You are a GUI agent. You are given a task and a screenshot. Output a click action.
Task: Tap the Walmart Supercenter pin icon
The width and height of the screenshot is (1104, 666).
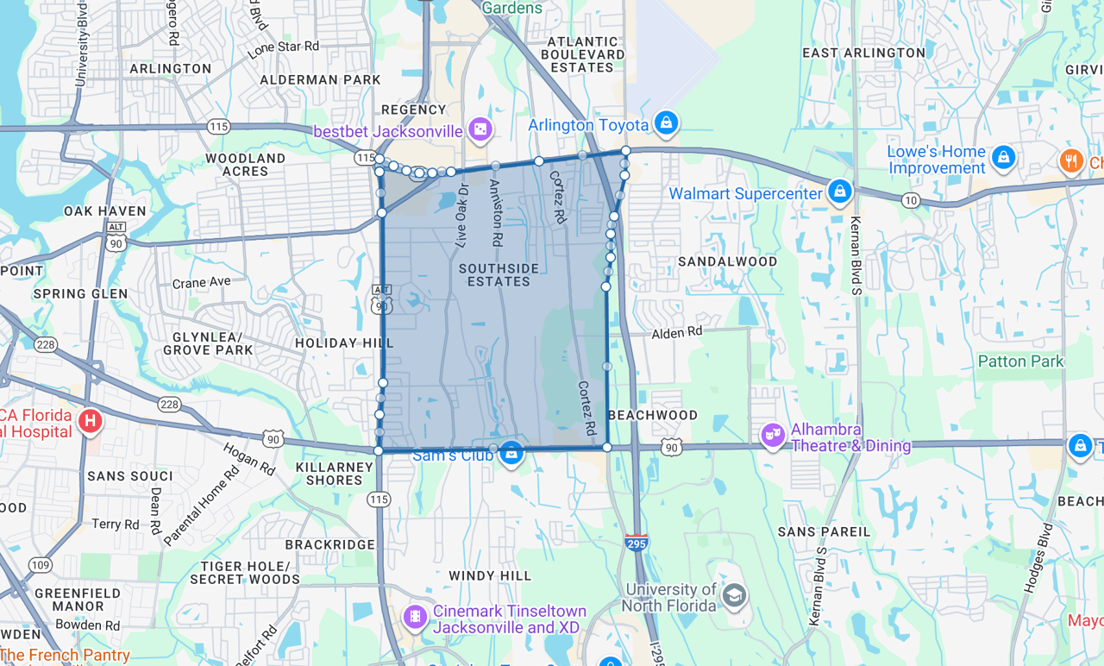pos(839,192)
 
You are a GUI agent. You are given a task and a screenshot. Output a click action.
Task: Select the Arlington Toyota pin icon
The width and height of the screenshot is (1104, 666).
pos(665,123)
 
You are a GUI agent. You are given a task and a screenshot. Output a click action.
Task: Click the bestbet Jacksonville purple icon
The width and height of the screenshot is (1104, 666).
pos(480,129)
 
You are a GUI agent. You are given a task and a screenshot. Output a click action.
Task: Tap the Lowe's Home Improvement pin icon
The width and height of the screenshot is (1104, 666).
pos(1002,157)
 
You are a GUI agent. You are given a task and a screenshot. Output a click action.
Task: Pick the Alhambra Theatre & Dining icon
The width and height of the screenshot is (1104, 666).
pos(773,436)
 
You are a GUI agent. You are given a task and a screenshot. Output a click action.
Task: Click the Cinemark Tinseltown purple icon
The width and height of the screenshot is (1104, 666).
pos(416,617)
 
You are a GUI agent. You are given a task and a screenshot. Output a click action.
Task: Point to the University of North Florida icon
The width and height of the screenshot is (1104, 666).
pos(734,595)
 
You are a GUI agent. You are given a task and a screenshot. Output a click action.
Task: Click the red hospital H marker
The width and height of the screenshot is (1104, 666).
pos(89,422)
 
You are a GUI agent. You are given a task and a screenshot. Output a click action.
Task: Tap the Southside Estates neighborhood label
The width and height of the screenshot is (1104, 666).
pos(499,275)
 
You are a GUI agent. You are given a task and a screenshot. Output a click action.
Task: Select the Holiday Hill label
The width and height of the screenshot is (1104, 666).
pos(344,342)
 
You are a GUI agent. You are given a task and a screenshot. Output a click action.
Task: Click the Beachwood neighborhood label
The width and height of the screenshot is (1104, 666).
pos(653,415)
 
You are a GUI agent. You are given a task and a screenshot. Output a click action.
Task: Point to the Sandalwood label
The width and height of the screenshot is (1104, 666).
pos(728,261)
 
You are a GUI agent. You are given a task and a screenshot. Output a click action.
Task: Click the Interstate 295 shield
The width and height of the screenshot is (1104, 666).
pos(637,543)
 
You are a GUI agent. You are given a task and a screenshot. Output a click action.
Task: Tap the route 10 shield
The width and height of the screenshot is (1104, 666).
pos(912,201)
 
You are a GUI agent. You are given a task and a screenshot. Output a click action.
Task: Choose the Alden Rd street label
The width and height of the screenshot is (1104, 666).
pos(677,332)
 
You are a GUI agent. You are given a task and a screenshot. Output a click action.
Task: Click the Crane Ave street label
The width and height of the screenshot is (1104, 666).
pos(201,282)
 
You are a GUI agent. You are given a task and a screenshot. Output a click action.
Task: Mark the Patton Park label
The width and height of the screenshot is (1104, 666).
pos(1020,361)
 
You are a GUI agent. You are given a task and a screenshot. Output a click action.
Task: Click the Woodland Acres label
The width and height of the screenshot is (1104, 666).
pos(245,165)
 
